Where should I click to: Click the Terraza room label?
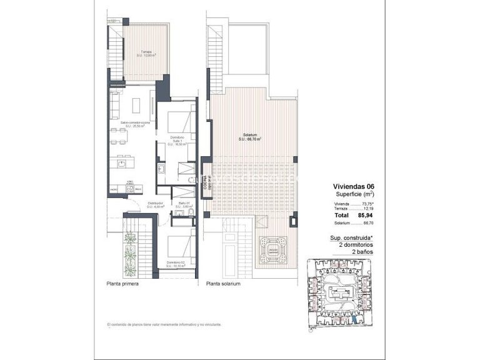click(146, 54)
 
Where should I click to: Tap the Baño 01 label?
click(183, 204)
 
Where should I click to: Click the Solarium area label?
click(249, 137)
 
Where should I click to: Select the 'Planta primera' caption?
click(122, 284)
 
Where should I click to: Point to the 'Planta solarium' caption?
click(223, 284)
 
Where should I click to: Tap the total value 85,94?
click(364, 216)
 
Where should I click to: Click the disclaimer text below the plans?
click(164, 325)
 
